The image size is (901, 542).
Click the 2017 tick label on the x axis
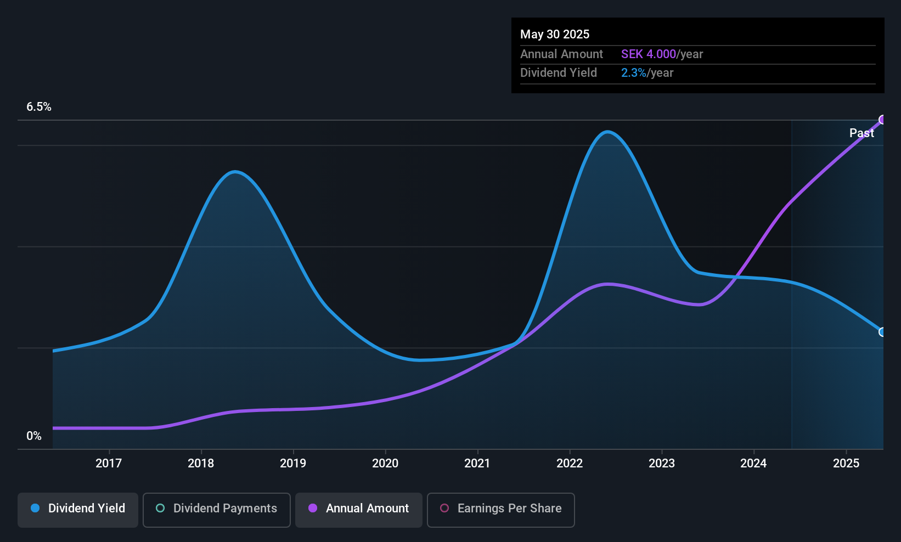(109, 463)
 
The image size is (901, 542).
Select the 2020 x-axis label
(385, 463)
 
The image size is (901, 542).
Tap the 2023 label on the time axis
(662, 463)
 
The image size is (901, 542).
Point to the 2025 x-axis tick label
(846, 463)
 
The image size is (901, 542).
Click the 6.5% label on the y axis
(39, 107)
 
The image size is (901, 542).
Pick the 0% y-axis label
(34, 436)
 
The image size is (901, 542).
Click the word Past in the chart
(861, 133)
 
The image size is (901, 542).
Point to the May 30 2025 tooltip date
(555, 34)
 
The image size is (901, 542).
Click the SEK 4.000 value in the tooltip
(649, 54)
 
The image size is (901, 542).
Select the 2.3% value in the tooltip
(633, 73)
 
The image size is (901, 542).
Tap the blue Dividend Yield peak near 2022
(607, 132)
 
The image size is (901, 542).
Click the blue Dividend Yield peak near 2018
(235, 172)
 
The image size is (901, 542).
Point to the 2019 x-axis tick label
(293, 463)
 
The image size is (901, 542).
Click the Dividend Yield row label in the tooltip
(559, 73)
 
